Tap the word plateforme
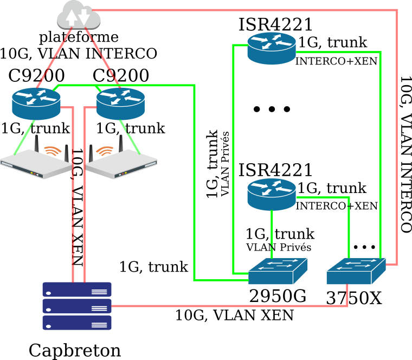tap(79, 37)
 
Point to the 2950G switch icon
tap(278, 271)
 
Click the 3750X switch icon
tap(356, 271)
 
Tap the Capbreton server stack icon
tap(77, 306)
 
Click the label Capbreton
tap(75, 350)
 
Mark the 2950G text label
tap(278, 295)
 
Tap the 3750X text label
tap(354, 298)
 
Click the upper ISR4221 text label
tap(276, 24)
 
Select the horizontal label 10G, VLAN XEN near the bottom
tap(234, 315)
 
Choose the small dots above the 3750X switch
tap(364, 247)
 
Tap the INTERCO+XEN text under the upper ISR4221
tap(336, 62)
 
